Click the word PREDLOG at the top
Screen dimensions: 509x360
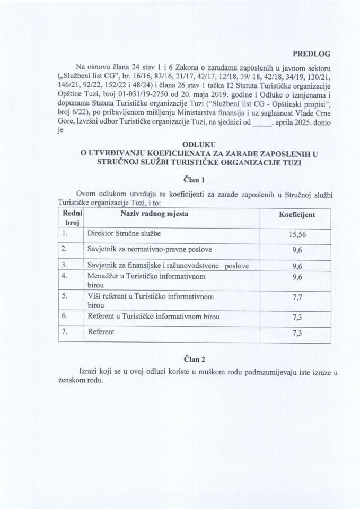click(311, 54)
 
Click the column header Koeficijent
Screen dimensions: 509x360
click(297, 215)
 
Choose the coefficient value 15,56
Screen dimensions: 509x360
click(297, 233)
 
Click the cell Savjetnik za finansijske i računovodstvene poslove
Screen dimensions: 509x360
click(168, 265)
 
